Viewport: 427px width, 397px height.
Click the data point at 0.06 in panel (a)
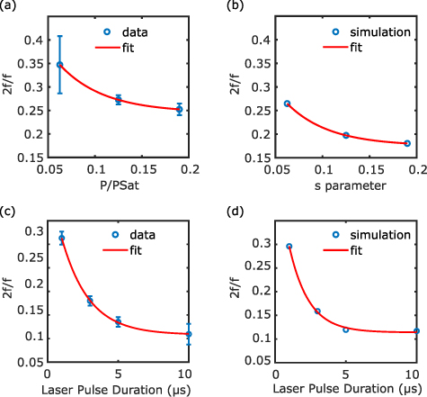60,65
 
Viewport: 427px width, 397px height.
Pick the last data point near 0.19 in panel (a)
179,110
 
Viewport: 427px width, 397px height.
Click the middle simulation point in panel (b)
346,135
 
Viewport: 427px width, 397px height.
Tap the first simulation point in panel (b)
287,104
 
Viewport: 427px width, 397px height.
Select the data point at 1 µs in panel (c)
62,239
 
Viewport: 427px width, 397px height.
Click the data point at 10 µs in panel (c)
189,335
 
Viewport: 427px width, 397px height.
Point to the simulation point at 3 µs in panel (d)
317,311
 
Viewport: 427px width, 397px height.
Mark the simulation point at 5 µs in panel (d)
345,329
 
